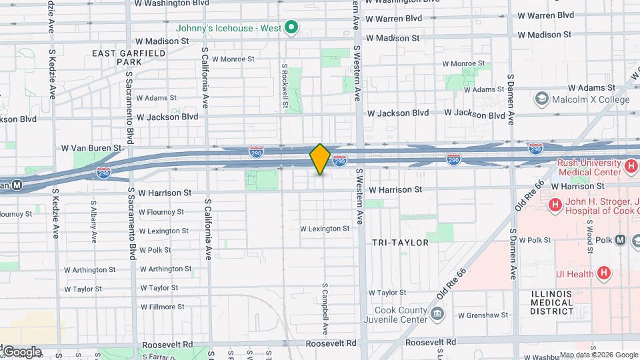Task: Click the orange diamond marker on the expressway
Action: (x=320, y=159)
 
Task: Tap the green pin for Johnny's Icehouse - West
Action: (x=291, y=28)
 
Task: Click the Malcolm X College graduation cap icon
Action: (x=541, y=100)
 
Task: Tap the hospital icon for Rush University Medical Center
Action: (x=631, y=165)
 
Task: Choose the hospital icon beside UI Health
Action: (x=603, y=273)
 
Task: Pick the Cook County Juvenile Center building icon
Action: (x=436, y=313)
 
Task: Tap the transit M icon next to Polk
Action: (x=621, y=239)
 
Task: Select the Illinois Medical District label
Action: (x=552, y=302)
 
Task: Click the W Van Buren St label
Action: (x=92, y=148)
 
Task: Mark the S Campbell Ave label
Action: (x=325, y=311)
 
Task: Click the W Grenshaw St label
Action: (x=483, y=315)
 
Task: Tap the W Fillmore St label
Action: (x=162, y=307)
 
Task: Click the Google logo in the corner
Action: (x=21, y=351)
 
